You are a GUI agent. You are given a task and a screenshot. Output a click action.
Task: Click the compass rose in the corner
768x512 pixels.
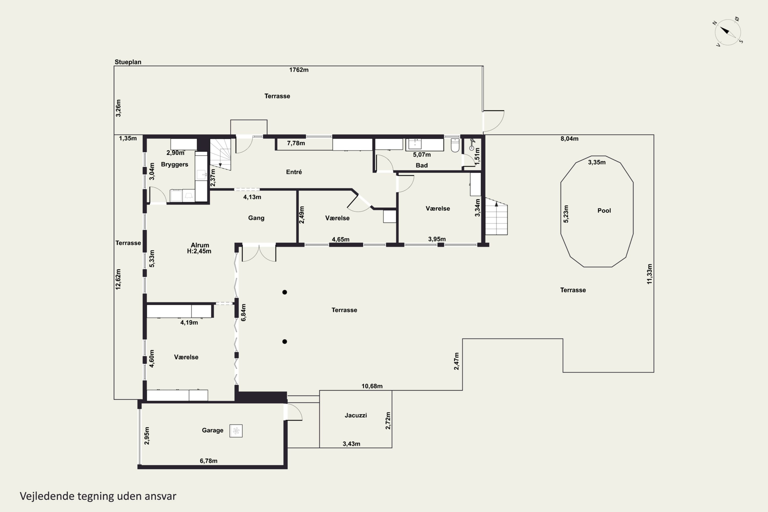(728, 32)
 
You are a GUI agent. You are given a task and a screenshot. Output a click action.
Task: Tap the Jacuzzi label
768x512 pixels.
(356, 415)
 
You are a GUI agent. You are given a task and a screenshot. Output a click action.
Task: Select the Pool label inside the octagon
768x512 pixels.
(604, 211)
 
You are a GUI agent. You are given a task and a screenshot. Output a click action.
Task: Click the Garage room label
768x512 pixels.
(212, 430)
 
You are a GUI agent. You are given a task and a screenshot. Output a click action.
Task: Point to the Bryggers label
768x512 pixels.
(174, 165)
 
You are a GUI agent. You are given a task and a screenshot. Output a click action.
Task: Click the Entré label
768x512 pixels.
(294, 172)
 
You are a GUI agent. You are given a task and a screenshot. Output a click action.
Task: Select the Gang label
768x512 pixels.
(256, 218)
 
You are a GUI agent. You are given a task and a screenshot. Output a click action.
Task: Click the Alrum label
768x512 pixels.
(200, 245)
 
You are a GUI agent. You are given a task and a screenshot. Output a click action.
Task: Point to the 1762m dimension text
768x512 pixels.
(299, 70)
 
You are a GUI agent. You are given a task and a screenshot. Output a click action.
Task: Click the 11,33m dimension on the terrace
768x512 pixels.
(649, 274)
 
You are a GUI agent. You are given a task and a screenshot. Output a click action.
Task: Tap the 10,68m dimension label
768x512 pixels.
(372, 386)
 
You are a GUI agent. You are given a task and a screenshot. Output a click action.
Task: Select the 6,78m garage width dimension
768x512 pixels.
(209, 461)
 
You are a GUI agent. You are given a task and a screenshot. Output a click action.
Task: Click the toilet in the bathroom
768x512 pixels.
(455, 145)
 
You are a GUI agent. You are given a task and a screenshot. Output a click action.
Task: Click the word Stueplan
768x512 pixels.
(128, 62)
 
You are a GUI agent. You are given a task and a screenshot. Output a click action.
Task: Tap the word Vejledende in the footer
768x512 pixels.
(47, 496)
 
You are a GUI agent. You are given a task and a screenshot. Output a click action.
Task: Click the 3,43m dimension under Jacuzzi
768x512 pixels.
(351, 444)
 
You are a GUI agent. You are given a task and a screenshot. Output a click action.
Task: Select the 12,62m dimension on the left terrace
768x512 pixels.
(118, 279)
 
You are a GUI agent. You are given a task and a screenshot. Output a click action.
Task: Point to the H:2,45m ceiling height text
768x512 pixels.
(199, 251)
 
